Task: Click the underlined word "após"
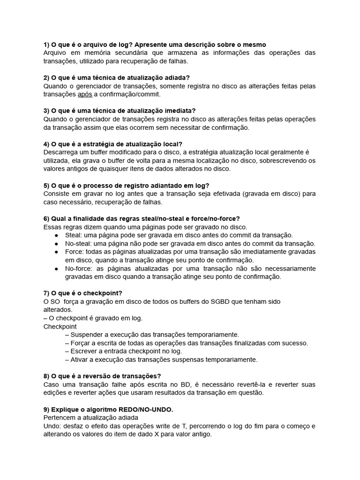(85, 94)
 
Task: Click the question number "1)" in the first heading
(47, 45)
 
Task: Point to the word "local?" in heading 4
(172, 144)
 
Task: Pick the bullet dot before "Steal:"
(56, 235)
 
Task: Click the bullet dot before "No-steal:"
(56, 244)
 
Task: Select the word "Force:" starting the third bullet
(75, 252)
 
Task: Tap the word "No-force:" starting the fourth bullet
(80, 269)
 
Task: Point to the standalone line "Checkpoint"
(60, 326)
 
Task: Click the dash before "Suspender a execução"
(67, 335)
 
